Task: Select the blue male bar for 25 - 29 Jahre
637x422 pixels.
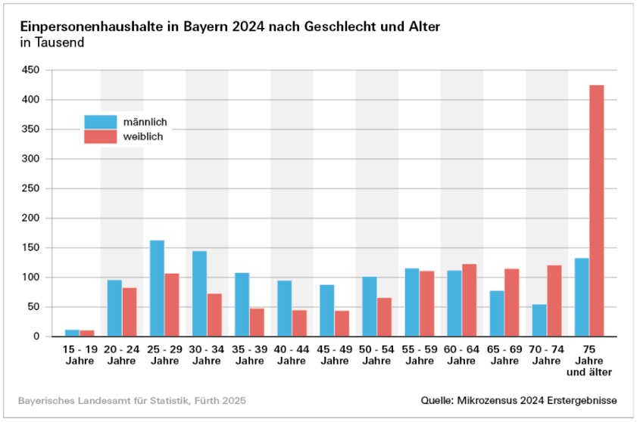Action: [157, 288]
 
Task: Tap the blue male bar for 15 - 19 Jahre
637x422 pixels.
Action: [72, 333]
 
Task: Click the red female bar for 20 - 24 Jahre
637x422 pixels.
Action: [130, 312]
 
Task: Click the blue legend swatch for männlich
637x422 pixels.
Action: [100, 122]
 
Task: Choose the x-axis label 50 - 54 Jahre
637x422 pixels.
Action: [376, 355]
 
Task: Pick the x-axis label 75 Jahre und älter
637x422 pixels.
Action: [589, 361]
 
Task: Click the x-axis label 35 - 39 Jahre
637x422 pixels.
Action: [249, 355]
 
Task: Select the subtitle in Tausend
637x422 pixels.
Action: [52, 42]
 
